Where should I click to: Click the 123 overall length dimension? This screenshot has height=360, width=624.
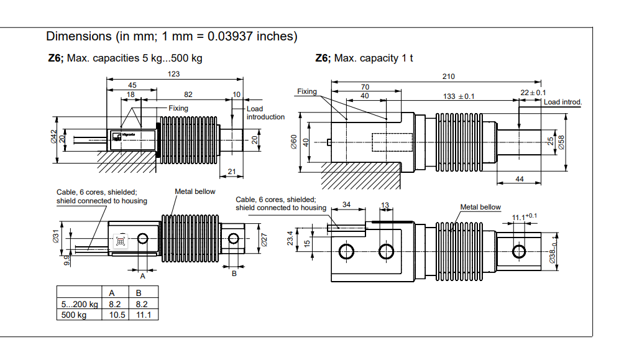173,74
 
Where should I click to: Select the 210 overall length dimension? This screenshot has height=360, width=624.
448,76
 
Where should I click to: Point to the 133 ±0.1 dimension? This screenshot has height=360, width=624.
458,96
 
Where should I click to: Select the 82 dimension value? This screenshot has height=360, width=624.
188,95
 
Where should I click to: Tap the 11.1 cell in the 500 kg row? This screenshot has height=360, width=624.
143,315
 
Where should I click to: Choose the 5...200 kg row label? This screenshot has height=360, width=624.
80,305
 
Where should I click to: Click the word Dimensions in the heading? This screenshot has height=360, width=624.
78,37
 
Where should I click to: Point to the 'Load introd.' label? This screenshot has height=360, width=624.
562,102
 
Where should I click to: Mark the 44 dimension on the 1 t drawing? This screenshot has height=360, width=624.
520,179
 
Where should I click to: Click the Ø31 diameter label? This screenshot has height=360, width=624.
55,237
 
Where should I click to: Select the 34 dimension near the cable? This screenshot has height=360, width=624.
346,205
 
